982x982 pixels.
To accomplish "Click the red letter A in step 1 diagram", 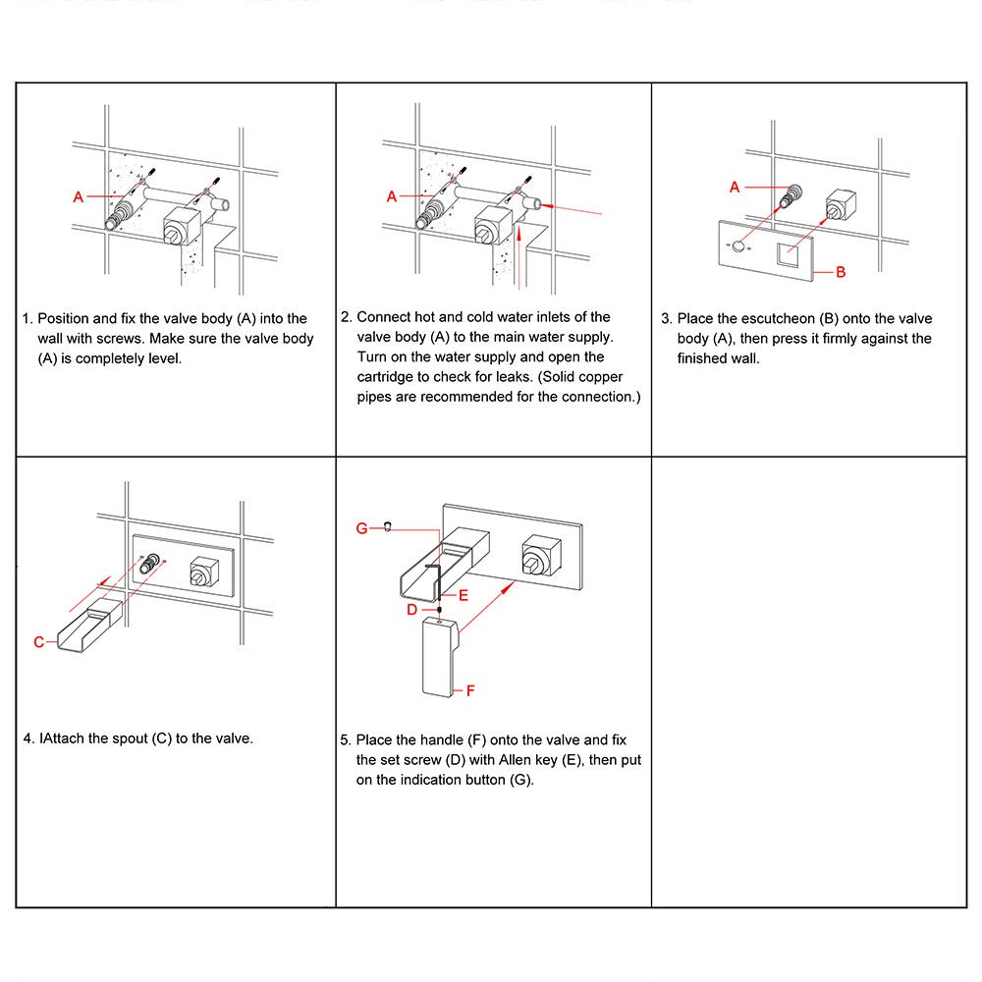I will tap(79, 197).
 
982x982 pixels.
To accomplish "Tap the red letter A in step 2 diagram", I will tap(391, 197).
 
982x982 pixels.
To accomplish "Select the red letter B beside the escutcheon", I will tap(841, 272).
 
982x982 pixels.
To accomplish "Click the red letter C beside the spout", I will tap(39, 642).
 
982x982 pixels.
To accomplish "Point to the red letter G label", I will tap(361, 528).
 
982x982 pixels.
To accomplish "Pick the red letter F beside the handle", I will tap(470, 690).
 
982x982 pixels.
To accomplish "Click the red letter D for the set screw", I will tap(412, 609).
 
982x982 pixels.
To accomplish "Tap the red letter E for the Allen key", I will tap(464, 595).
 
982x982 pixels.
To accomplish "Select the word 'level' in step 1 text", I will tap(163, 358).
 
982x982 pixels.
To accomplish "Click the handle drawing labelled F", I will tap(439, 658).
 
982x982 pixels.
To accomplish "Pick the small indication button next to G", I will tap(389, 525).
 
